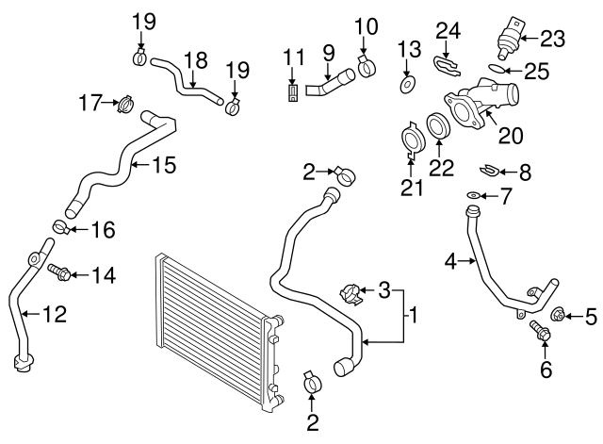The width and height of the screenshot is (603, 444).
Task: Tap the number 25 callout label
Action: click(x=537, y=71)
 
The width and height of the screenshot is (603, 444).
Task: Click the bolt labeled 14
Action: click(x=57, y=272)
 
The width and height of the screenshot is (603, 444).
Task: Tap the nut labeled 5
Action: click(x=557, y=315)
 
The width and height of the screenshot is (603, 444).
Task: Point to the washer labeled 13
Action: click(x=406, y=86)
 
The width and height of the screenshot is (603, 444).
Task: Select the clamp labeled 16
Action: click(x=60, y=226)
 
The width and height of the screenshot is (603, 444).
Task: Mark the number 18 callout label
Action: click(x=194, y=60)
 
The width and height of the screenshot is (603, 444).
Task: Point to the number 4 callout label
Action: click(x=452, y=260)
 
